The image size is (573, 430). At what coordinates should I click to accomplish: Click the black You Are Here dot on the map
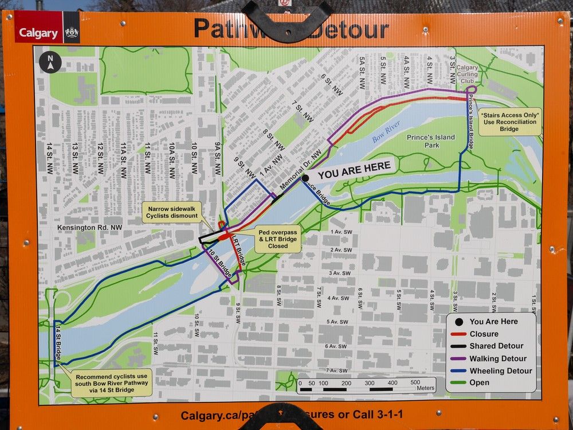click(305, 178)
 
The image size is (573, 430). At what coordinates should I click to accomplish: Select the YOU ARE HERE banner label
click(354, 171)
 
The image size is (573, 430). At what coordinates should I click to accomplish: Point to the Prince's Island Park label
click(430, 141)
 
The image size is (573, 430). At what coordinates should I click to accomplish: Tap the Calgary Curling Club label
click(467, 74)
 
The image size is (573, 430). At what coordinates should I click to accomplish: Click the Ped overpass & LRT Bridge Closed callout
click(277, 237)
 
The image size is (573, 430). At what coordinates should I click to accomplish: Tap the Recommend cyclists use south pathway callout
click(113, 382)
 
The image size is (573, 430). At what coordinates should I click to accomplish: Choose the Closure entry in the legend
click(484, 334)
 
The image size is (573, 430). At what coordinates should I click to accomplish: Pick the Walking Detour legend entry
click(497, 359)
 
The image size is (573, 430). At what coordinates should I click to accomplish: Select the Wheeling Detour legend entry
click(500, 371)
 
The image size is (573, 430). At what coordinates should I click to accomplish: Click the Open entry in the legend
click(479, 383)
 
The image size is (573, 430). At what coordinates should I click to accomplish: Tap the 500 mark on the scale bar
click(415, 382)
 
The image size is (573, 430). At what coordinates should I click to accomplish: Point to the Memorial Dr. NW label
click(301, 170)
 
